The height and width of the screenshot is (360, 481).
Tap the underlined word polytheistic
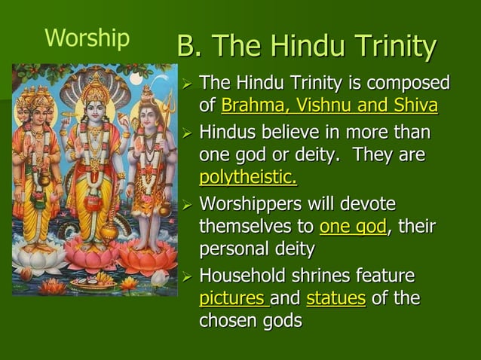click(x=247, y=178)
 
